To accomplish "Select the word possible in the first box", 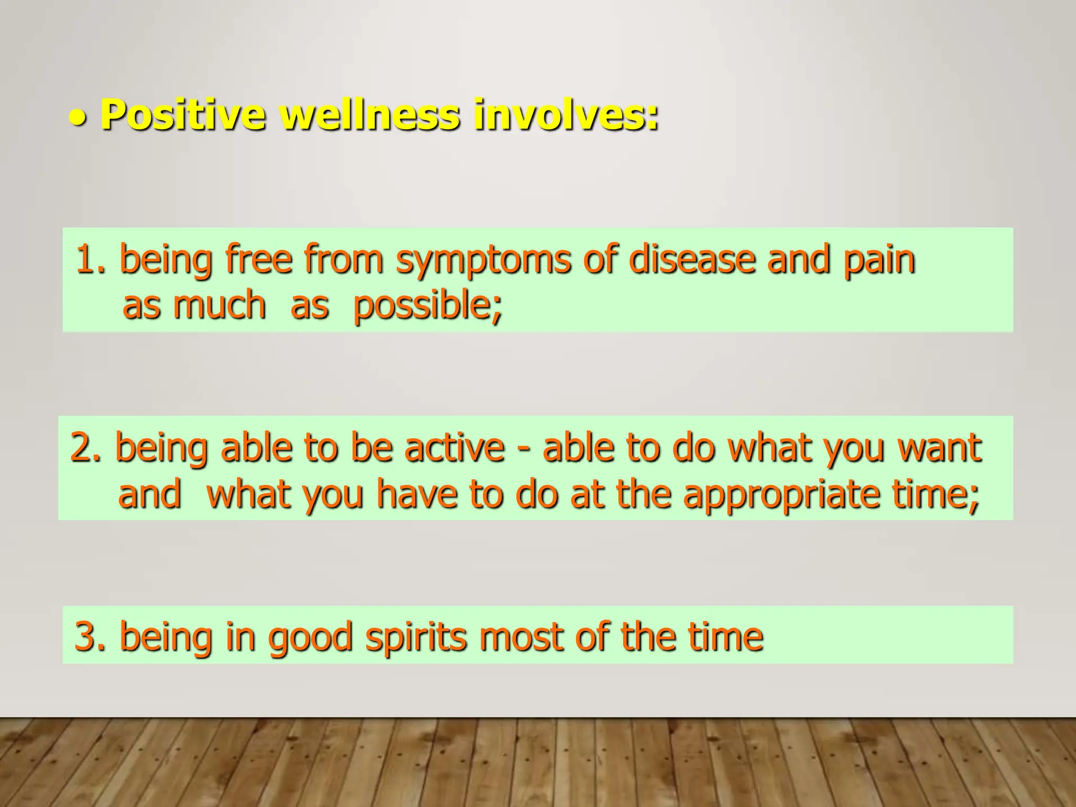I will tap(427, 306).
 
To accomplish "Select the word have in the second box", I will tap(417, 494).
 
